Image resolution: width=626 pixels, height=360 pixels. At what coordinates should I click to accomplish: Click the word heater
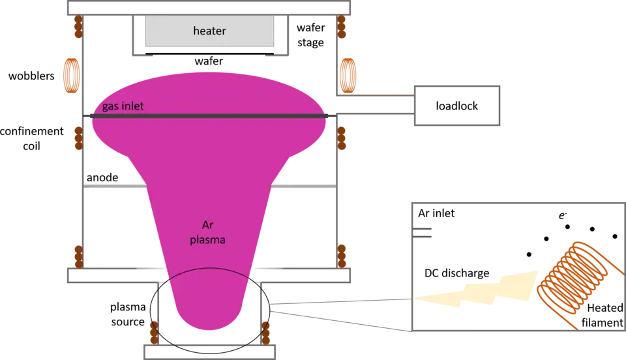pyautogui.click(x=210, y=31)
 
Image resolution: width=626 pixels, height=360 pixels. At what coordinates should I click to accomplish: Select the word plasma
pyautogui.click(x=207, y=240)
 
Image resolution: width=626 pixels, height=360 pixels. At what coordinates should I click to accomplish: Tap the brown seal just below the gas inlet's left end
pyautogui.click(x=78, y=137)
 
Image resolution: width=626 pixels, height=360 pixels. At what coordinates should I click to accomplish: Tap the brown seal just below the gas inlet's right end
pyautogui.click(x=342, y=137)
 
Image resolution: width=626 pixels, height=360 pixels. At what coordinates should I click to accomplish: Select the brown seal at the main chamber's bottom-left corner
pyautogui.click(x=78, y=255)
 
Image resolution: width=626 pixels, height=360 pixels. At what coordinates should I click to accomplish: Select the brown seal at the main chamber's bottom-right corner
pyautogui.click(x=342, y=255)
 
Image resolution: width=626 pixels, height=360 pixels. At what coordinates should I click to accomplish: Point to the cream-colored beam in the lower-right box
pyautogui.click(x=476, y=292)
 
